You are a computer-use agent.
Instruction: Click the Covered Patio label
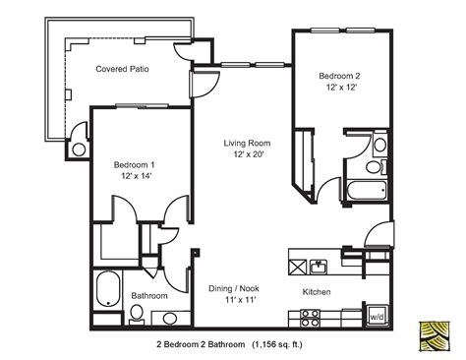[x=123, y=69]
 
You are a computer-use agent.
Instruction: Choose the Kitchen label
[x=317, y=292]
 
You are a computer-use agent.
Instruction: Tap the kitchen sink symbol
[x=318, y=266]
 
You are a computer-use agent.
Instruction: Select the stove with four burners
[x=311, y=317]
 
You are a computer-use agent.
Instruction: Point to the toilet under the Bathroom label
[x=136, y=314]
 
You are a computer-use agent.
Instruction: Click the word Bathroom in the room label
[x=148, y=295]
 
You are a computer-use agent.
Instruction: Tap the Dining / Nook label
[x=233, y=288]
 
